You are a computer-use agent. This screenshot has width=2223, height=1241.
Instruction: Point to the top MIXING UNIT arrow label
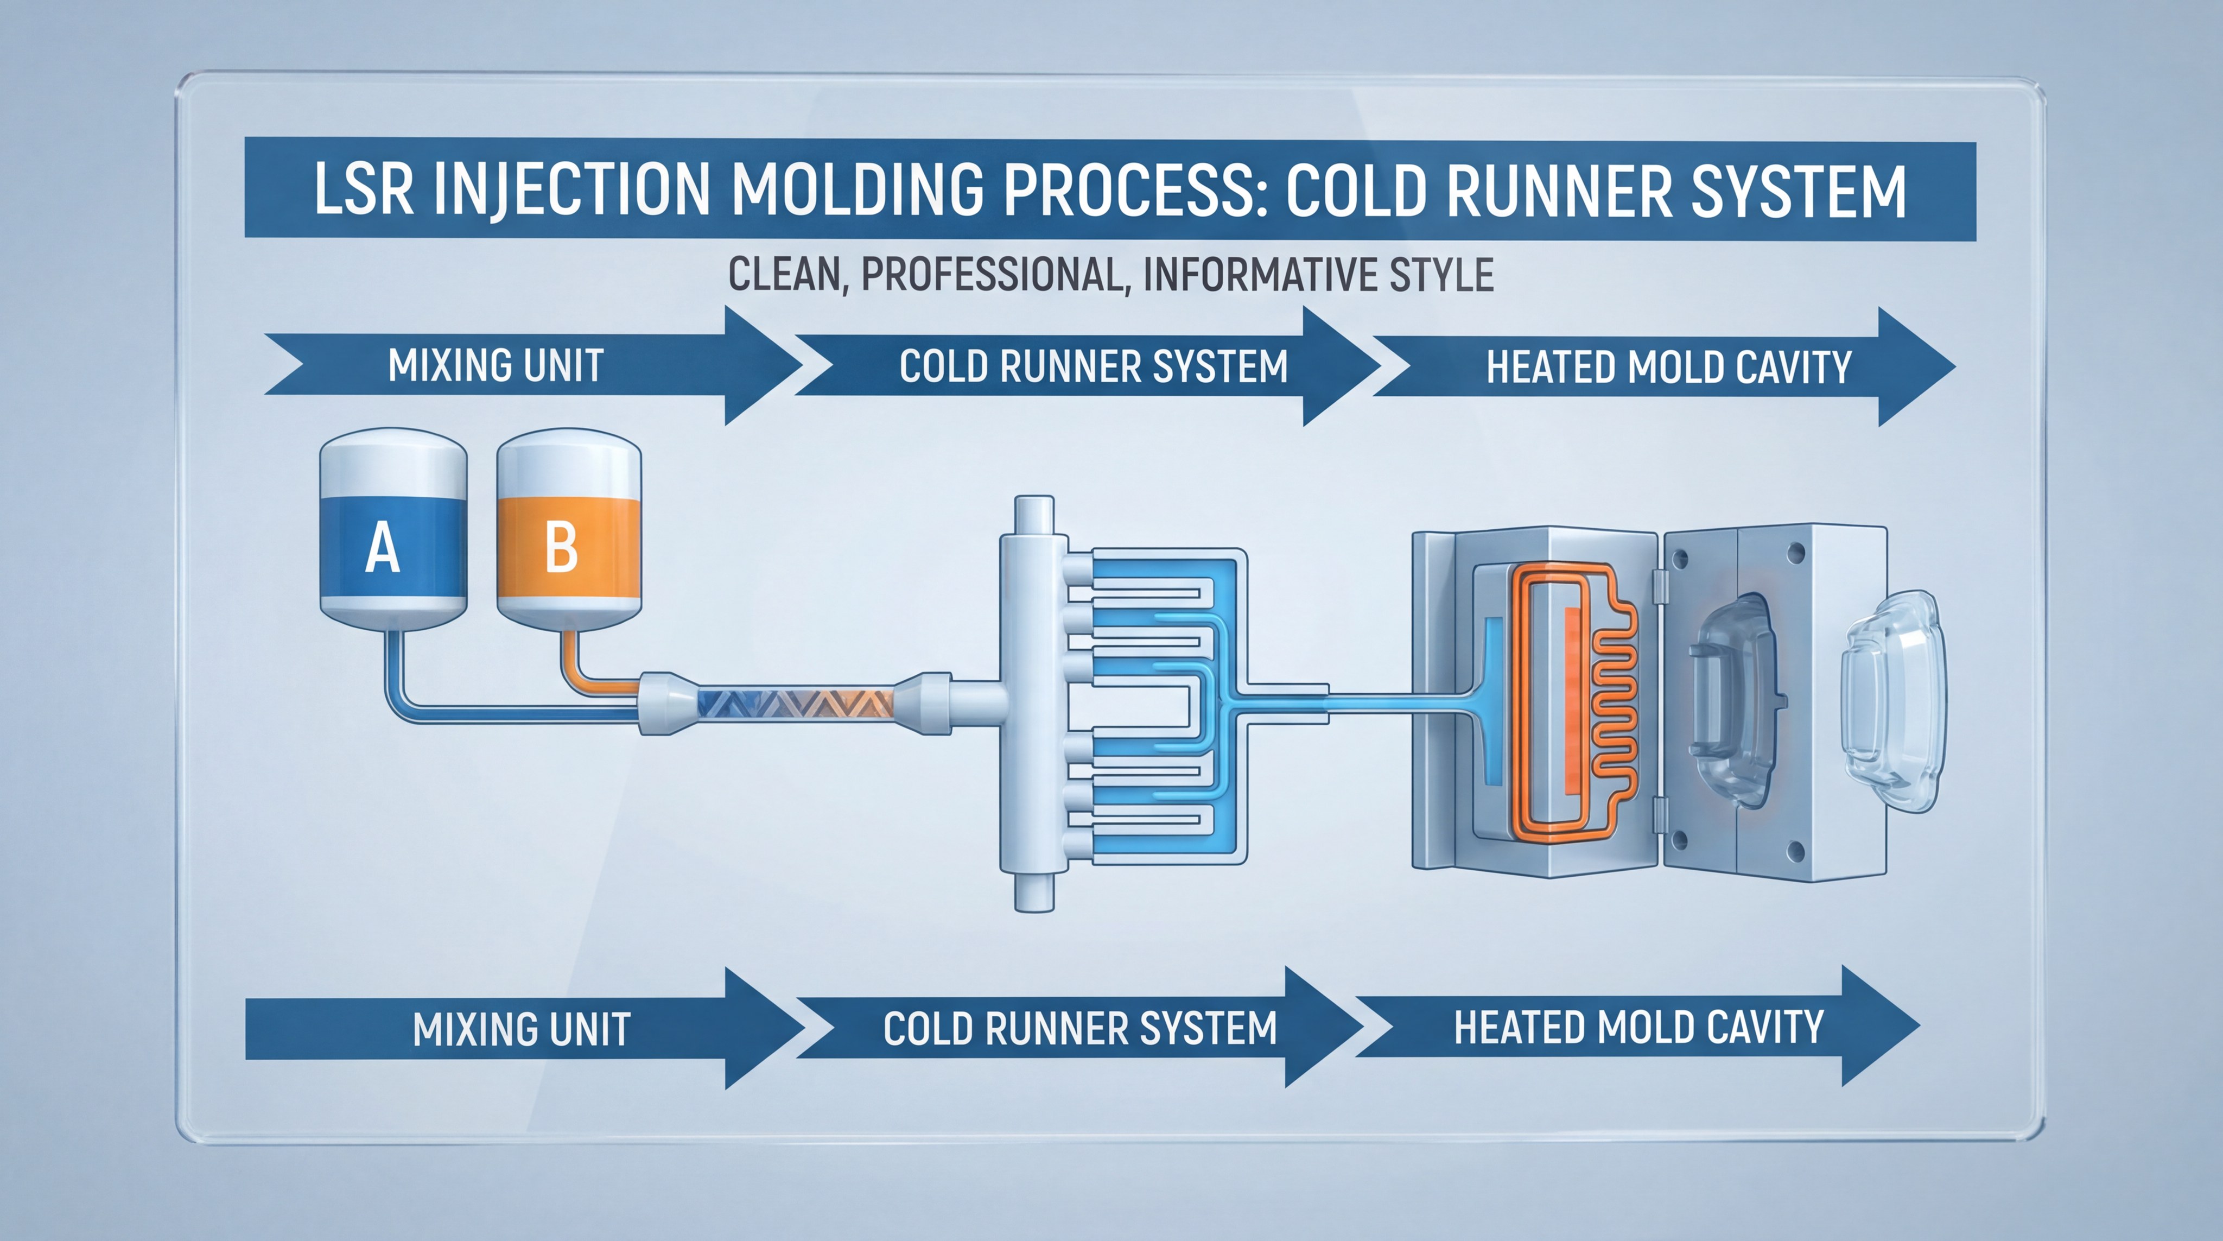pyautogui.click(x=496, y=366)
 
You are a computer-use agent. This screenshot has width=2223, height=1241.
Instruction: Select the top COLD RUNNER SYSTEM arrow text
pyautogui.click(x=1094, y=367)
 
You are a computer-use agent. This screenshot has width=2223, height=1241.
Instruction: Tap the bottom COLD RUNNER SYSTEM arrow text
pyautogui.click(x=1079, y=1029)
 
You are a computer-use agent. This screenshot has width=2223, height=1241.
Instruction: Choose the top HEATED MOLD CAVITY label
pyautogui.click(x=1668, y=368)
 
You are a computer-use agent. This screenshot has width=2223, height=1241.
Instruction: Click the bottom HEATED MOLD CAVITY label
pyautogui.click(x=1638, y=1028)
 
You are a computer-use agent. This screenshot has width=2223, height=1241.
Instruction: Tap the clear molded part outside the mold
pyautogui.click(x=1890, y=701)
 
